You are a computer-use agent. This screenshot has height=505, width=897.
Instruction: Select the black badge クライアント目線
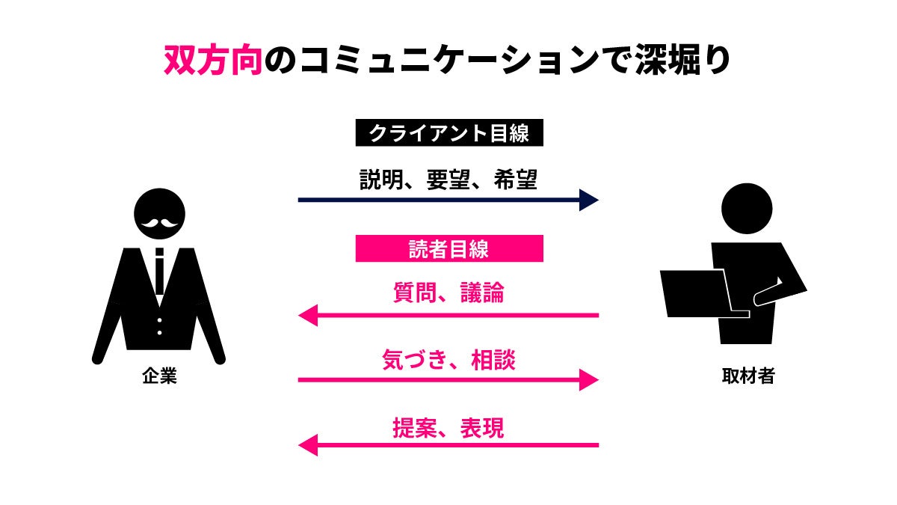coord(449,134)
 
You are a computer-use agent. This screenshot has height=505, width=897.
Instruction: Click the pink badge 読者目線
coord(449,249)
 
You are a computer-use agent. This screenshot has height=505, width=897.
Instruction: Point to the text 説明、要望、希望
coord(449,180)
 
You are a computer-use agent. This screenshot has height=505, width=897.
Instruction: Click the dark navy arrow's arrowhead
coord(589,200)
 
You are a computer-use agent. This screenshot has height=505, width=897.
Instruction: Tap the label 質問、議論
coord(449,293)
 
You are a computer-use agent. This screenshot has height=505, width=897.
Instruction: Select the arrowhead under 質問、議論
coord(308,315)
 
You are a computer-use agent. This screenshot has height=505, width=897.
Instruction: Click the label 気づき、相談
coord(449,361)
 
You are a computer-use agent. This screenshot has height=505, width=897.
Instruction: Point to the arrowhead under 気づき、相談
coord(589,380)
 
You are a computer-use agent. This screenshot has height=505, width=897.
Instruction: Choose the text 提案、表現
coord(449,427)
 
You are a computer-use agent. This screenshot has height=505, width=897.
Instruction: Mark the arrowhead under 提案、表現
coord(308,446)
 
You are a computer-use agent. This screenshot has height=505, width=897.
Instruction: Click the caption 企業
coord(159,376)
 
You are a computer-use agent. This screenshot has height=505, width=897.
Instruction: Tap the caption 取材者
coord(747,376)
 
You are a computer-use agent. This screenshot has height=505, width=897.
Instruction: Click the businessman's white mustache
coord(159,222)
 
